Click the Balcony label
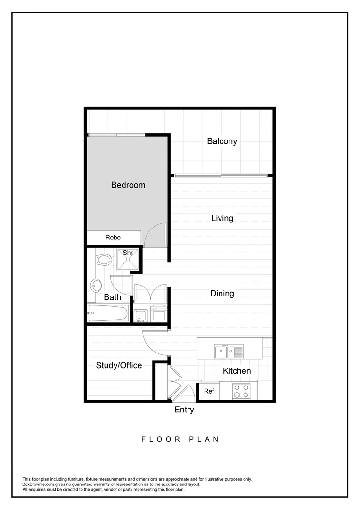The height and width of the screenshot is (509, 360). (222, 141)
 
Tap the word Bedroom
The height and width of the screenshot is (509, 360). (128, 185)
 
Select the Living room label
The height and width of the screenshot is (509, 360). (222, 218)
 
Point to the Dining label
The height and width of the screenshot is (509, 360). (222, 294)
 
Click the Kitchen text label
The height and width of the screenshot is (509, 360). (237, 371)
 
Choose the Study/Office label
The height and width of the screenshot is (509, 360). (119, 365)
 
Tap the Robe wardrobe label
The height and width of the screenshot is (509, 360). (113, 238)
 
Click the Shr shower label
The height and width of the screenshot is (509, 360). (128, 253)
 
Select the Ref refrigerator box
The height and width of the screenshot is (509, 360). (209, 391)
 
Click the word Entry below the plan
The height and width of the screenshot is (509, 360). (184, 410)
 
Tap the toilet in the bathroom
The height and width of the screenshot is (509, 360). (103, 259)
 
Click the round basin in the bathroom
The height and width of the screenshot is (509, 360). (97, 285)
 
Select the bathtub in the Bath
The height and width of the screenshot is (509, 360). (108, 313)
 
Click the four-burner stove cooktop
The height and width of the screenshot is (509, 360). (242, 391)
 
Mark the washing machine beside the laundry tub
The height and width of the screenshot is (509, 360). (158, 314)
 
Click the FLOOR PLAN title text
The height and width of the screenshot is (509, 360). (180, 439)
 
